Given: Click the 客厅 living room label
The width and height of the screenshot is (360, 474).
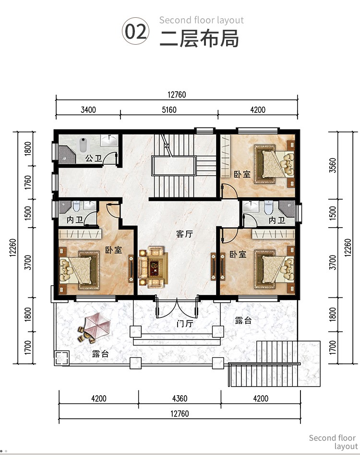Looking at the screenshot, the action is [x=184, y=234].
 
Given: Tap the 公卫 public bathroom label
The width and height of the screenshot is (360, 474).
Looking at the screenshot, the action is [x=94, y=158].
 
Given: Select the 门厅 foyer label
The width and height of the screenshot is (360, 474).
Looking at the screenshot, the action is [x=185, y=324].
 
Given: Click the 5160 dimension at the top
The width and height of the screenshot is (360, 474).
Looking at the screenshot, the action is [x=169, y=109].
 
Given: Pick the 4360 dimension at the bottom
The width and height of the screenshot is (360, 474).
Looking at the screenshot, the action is [x=180, y=399].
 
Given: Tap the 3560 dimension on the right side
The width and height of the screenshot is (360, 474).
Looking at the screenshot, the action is [x=333, y=165].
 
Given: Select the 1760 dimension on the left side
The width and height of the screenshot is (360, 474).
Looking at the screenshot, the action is [x=27, y=182].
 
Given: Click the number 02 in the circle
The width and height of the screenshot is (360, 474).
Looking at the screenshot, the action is [x=136, y=31].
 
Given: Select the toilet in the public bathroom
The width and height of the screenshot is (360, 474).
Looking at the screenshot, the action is [x=83, y=145].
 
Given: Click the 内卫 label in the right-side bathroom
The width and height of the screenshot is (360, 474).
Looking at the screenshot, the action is [x=277, y=220].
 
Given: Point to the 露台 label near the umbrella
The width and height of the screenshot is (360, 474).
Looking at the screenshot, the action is [x=100, y=353].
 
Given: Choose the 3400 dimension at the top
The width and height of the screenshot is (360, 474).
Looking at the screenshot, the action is [x=88, y=109].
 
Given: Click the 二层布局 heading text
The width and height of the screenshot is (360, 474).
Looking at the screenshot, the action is [x=199, y=38].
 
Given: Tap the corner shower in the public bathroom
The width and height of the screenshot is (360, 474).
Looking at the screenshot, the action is [x=67, y=154].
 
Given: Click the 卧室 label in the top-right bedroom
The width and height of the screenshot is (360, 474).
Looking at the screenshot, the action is [x=242, y=174].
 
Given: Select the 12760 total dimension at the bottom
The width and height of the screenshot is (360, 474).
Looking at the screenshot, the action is [x=180, y=413].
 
